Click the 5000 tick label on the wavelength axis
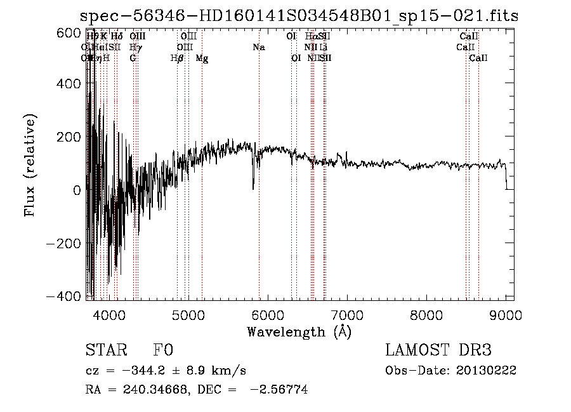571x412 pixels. click(188, 315)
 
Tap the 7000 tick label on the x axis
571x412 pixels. click(347, 315)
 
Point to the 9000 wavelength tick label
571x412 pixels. click(506, 315)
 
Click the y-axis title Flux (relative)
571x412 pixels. click(30, 164)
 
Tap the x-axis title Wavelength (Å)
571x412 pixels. click(299, 331)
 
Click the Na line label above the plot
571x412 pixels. click(258, 48)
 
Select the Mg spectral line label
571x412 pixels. click(202, 58)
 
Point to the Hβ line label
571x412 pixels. click(177, 58)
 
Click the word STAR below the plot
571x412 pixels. click(105, 351)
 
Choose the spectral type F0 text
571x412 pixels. click(163, 351)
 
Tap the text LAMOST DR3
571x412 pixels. click(438, 351)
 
